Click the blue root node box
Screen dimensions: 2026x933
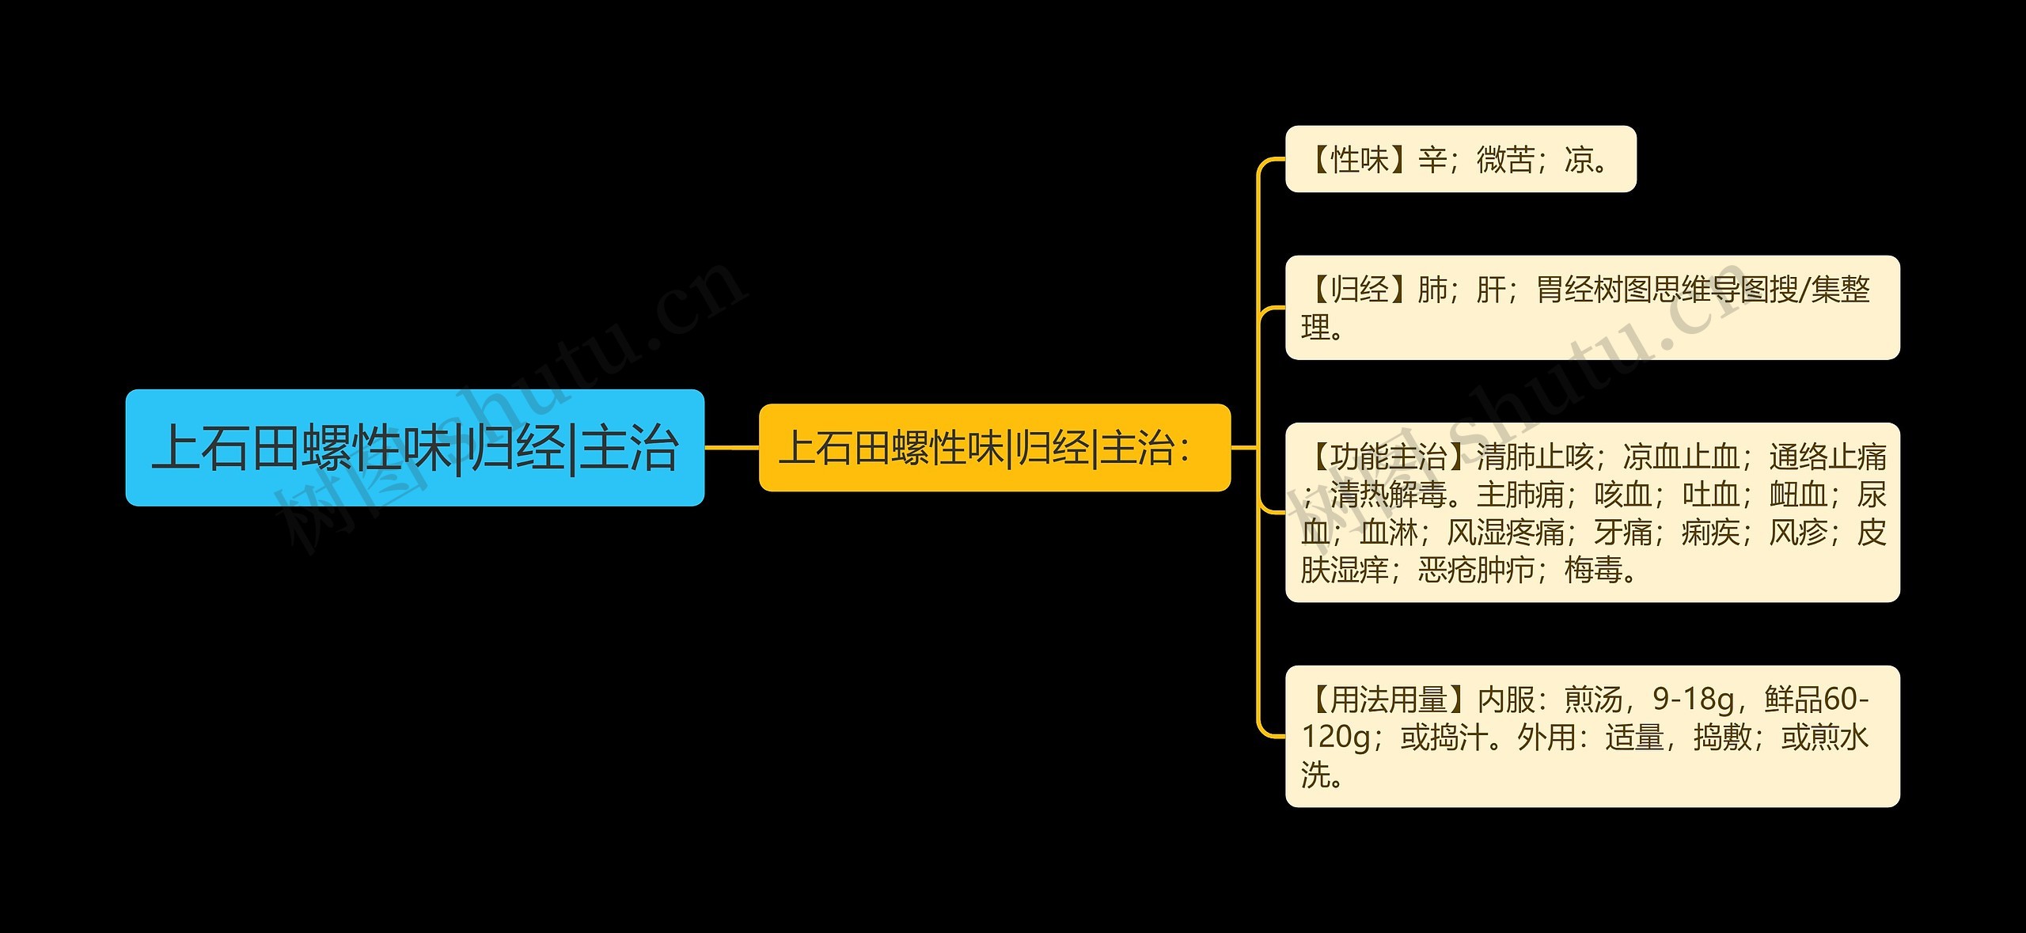click(x=415, y=448)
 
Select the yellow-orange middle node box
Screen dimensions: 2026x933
click(x=994, y=448)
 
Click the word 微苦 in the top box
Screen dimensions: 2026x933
click(x=1505, y=160)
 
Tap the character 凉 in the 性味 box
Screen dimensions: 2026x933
click(x=1579, y=160)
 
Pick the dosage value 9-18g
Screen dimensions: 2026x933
click(x=1693, y=700)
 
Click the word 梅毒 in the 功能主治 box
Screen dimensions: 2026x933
click(x=1593, y=570)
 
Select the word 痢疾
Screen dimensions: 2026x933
click(x=1710, y=533)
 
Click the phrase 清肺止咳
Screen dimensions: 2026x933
click(x=1535, y=457)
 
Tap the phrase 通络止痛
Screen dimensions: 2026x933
click(x=1828, y=457)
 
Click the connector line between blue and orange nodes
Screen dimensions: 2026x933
click(x=731, y=448)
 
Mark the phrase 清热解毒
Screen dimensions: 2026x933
click(x=1388, y=495)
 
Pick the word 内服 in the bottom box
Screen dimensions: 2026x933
click(x=1506, y=700)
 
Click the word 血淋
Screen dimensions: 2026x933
click(x=1389, y=533)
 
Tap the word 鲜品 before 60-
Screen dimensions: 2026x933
click(x=1793, y=700)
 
